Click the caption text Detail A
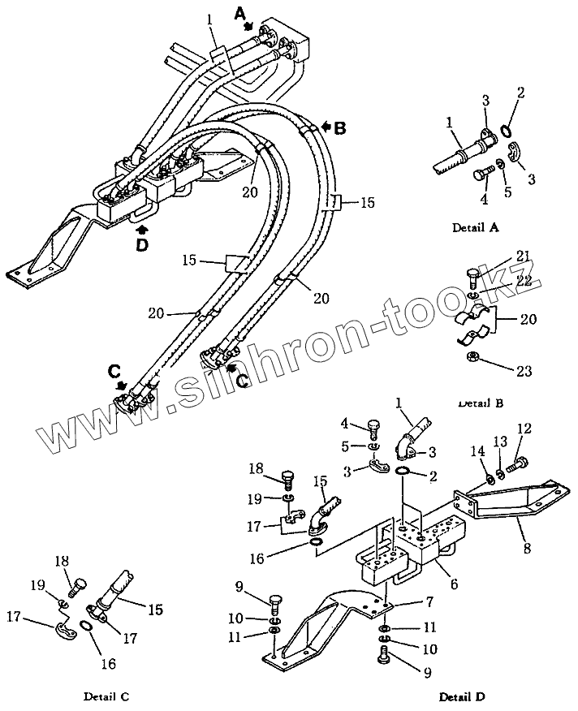point(475,228)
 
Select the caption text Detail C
point(106,696)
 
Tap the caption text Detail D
point(463,696)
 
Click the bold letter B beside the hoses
point(339,127)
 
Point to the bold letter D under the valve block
point(142,244)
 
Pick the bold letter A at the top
point(239,13)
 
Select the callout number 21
point(523,256)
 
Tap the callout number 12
point(524,429)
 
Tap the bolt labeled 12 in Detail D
point(518,467)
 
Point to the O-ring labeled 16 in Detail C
point(85,627)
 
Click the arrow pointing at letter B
point(326,127)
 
